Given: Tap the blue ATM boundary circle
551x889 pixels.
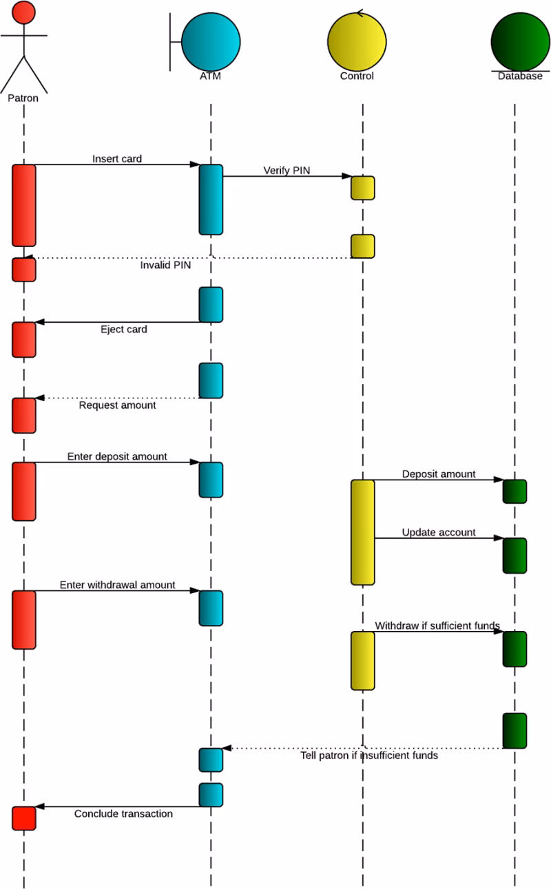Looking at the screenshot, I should tap(211, 40).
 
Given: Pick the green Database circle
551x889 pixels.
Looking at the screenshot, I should tap(520, 40).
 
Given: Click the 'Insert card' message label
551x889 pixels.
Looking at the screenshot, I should tap(117, 159).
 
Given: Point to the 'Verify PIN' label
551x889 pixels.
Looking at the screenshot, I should tap(287, 170).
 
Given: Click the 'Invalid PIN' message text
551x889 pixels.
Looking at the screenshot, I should tap(166, 264).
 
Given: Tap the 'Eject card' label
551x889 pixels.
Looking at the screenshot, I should tap(124, 329).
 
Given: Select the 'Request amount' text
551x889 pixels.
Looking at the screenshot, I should tap(117, 405).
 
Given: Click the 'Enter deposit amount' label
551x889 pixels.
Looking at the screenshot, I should tap(117, 456).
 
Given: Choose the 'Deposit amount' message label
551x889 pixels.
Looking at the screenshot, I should tap(439, 474).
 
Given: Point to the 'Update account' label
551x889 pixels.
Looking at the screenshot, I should tap(439, 533).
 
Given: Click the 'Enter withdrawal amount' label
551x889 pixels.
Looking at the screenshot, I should tap(117, 585).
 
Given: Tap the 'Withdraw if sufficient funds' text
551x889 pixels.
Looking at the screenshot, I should tap(437, 625).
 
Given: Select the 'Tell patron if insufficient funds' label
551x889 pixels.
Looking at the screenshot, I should tap(369, 756).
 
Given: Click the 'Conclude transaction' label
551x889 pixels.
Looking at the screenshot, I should tap(123, 813).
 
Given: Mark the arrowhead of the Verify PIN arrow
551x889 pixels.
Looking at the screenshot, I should tap(348, 176).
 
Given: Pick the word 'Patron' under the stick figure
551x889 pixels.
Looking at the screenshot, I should tap(23, 98).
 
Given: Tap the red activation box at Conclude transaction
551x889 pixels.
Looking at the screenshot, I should tap(23, 818).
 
